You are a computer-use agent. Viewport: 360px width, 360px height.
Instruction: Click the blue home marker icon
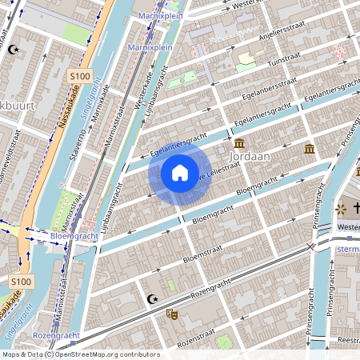(180, 173)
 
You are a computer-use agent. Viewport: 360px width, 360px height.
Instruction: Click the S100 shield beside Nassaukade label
(79, 76)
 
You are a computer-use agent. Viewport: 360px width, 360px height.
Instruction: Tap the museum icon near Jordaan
(309, 150)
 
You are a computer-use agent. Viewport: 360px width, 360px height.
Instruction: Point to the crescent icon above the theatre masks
(152, 300)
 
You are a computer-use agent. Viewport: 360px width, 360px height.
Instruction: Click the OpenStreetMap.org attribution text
(108, 354)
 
